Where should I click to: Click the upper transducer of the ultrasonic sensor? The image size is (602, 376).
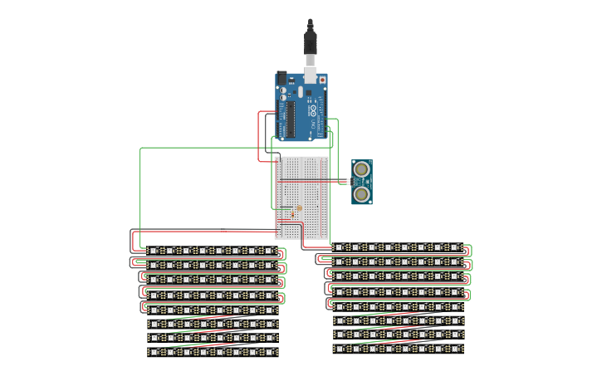(362, 169)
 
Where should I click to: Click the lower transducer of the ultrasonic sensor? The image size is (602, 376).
(362, 193)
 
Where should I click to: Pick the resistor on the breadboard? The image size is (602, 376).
(298, 208)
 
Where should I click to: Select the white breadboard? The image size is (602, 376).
(302, 198)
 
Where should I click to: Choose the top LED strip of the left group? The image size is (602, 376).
(213, 250)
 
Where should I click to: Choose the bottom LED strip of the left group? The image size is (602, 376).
(213, 351)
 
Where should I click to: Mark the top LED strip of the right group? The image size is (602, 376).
(399, 247)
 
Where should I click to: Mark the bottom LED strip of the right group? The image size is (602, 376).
(399, 349)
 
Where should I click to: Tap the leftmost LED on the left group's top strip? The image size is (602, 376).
(153, 250)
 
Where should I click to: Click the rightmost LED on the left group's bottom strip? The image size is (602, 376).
(274, 351)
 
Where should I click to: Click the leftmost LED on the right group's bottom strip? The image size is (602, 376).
(339, 349)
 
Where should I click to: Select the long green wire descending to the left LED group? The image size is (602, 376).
(141, 191)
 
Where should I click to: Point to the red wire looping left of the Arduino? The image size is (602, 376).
(259, 125)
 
